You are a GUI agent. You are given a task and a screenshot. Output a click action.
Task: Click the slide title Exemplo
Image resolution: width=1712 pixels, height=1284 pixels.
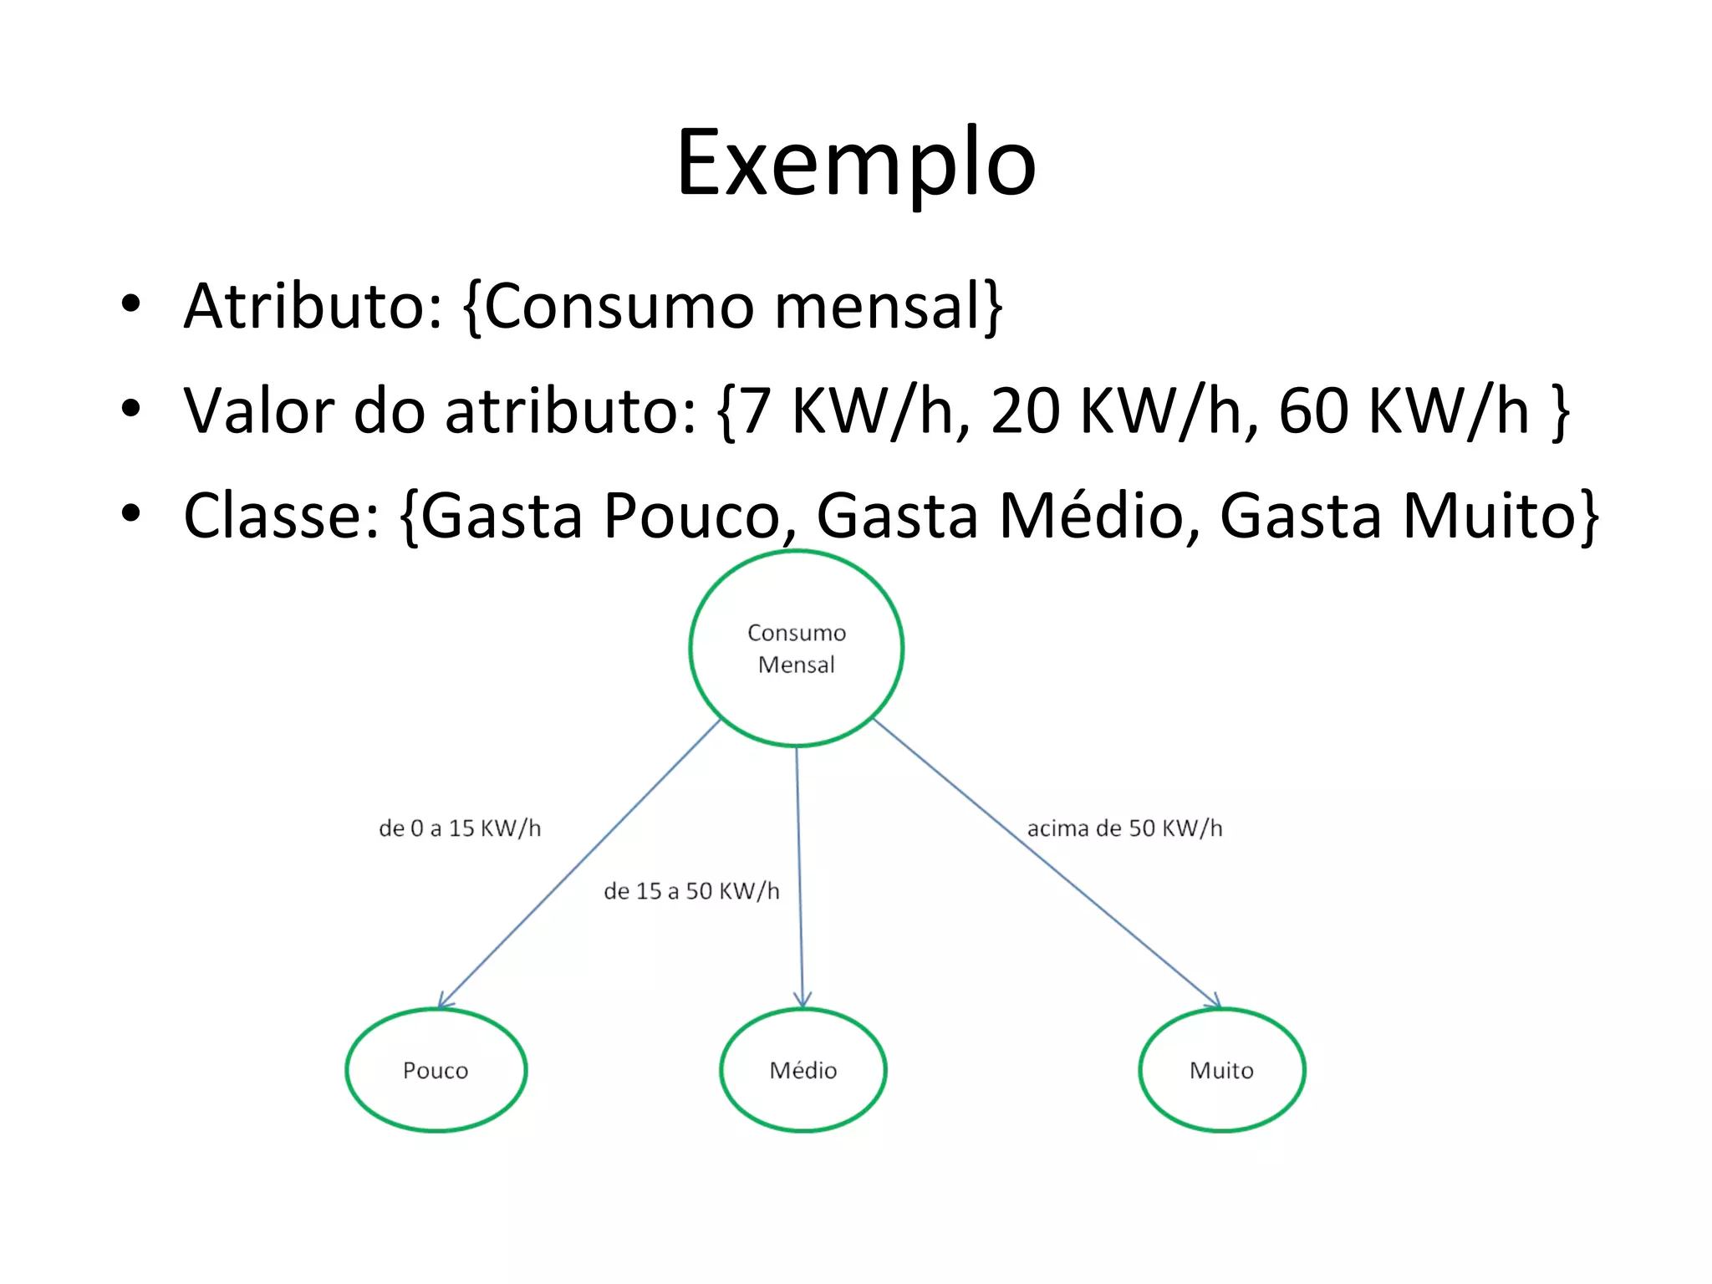[x=856, y=163]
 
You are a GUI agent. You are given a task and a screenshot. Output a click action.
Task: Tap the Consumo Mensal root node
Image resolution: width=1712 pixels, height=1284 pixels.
[x=796, y=648]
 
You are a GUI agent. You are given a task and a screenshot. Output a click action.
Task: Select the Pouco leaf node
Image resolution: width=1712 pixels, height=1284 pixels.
[x=436, y=1070]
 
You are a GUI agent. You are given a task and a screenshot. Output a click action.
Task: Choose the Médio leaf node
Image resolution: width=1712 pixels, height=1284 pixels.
[x=802, y=1070]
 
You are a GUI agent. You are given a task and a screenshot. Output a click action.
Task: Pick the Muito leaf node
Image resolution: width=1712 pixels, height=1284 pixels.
[x=1221, y=1070]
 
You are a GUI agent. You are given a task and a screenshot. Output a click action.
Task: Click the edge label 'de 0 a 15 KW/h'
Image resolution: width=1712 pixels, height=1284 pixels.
[x=460, y=828]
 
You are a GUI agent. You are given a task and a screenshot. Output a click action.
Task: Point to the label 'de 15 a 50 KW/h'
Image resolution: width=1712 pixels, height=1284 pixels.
[x=691, y=891]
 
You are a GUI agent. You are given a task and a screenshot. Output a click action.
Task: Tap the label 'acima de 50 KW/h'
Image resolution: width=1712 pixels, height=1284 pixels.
[x=1124, y=828]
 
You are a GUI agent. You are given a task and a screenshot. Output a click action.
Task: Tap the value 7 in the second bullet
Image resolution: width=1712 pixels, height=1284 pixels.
[x=755, y=411]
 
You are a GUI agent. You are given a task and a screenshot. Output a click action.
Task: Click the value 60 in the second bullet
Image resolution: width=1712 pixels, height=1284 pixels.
[x=1313, y=411]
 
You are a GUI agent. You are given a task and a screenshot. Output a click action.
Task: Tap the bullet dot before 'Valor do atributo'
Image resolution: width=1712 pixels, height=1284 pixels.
[x=130, y=409]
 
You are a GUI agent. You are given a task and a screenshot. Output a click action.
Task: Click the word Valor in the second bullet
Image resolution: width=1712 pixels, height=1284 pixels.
[x=259, y=411]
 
